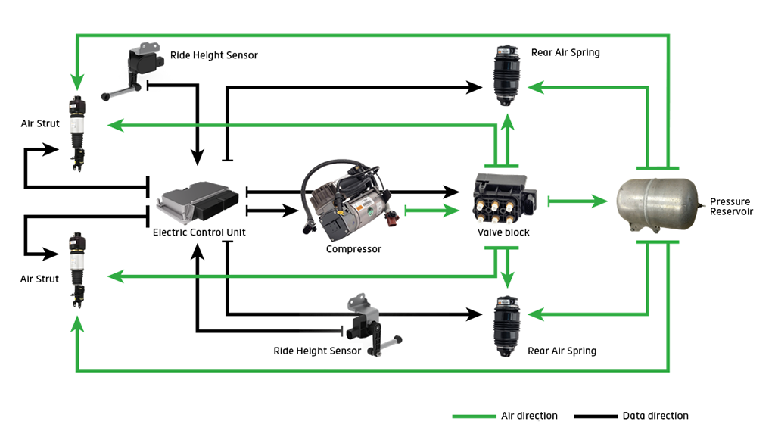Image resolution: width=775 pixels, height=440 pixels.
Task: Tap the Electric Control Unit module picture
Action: tap(198, 201)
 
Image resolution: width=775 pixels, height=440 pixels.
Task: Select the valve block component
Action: tap(504, 198)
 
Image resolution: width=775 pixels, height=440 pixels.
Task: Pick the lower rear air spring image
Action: tap(506, 326)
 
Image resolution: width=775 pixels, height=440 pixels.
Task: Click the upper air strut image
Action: tap(77, 133)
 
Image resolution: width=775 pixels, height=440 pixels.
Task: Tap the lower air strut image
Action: tap(77, 270)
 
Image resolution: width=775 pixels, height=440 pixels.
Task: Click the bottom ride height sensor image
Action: tap(373, 325)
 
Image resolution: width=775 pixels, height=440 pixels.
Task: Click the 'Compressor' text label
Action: tap(353, 249)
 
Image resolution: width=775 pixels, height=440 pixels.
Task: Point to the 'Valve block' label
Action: tap(503, 232)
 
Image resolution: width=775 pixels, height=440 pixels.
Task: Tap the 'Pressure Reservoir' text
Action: tap(732, 207)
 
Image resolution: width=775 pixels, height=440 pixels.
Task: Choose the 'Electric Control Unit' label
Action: tap(199, 232)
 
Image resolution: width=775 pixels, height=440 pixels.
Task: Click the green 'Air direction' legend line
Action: tap(474, 417)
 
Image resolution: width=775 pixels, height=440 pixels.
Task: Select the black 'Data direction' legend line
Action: tap(596, 417)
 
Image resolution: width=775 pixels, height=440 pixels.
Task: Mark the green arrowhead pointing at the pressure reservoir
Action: tap(600, 201)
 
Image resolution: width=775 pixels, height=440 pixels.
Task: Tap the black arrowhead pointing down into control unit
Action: tap(198, 158)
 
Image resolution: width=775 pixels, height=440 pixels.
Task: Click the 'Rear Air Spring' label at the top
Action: tap(565, 52)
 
